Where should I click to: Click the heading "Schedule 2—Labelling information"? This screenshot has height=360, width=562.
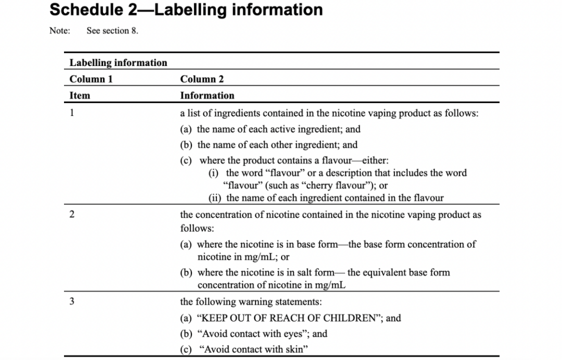click(x=186, y=10)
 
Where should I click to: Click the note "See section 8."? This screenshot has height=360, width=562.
click(x=112, y=31)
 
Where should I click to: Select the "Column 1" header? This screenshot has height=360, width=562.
click(x=91, y=79)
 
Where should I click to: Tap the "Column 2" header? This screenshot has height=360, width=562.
click(x=202, y=79)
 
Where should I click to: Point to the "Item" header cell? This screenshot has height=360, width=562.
click(x=80, y=96)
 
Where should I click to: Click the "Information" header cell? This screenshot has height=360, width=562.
click(x=207, y=96)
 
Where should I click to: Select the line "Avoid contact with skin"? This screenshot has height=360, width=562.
click(x=253, y=350)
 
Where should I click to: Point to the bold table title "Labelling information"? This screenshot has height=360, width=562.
click(x=119, y=63)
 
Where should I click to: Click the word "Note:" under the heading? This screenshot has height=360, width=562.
click(x=59, y=31)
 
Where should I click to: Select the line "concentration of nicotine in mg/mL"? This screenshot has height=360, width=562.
click(x=272, y=285)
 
